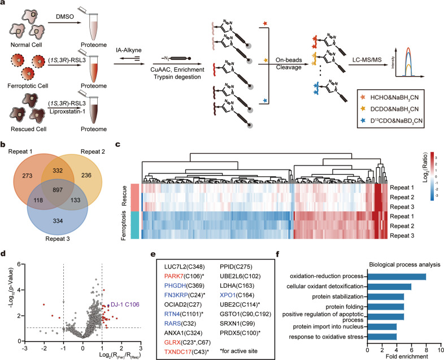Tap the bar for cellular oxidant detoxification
pyautogui.click(x=389, y=287)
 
